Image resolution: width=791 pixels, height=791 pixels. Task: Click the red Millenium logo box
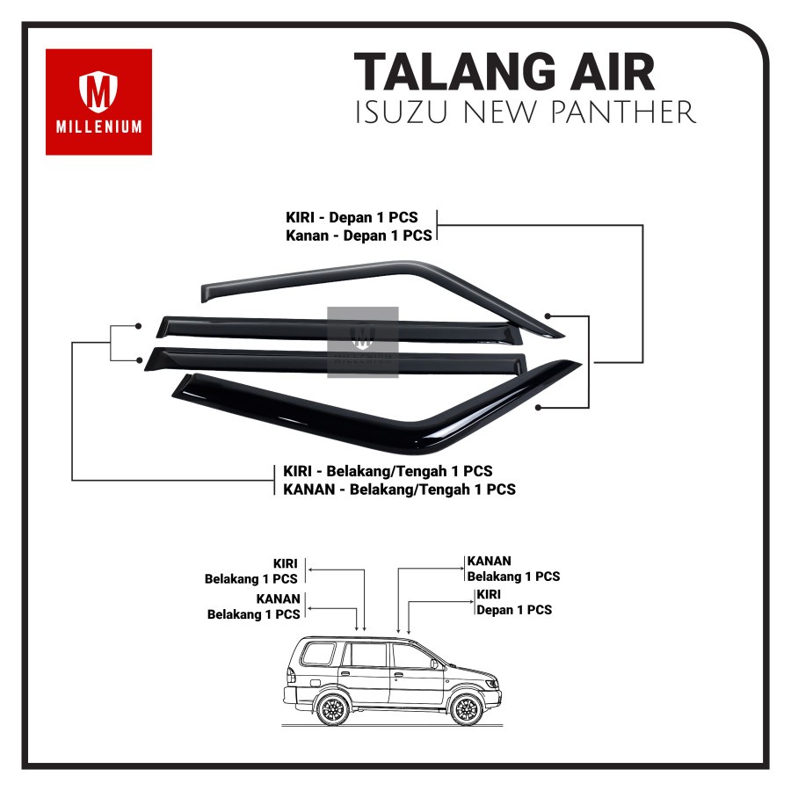(98, 102)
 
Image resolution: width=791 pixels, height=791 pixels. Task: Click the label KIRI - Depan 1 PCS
(359, 217)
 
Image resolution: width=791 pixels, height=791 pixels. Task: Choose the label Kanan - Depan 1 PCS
(359, 236)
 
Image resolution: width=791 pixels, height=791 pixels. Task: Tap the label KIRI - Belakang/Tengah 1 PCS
(388, 471)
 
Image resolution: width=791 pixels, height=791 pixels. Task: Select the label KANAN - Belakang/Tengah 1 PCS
(399, 489)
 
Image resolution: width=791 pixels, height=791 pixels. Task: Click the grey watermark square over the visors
(363, 342)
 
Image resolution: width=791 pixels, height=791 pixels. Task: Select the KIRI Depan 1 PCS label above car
(513, 602)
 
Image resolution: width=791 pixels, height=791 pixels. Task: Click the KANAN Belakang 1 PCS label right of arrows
(513, 569)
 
